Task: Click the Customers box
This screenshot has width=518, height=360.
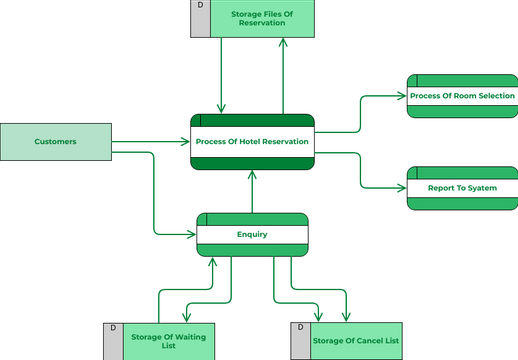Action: [55, 142]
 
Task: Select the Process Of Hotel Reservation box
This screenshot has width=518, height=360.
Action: [252, 142]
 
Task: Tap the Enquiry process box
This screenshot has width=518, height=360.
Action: [252, 235]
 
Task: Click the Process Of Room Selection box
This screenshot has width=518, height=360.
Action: [462, 96]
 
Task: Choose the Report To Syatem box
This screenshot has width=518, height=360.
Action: [462, 188]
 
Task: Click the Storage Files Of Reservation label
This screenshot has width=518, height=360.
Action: [262, 18]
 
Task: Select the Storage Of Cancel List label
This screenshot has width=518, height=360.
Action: [356, 341]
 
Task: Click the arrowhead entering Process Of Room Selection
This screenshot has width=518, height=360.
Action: [403, 97]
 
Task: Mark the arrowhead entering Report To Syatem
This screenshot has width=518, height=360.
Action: [403, 188]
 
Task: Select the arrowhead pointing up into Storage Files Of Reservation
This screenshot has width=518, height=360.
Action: [283, 43]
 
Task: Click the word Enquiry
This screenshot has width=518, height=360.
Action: [252, 235]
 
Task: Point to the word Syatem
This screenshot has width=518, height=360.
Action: [481, 188]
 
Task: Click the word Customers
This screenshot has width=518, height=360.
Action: [55, 142]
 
